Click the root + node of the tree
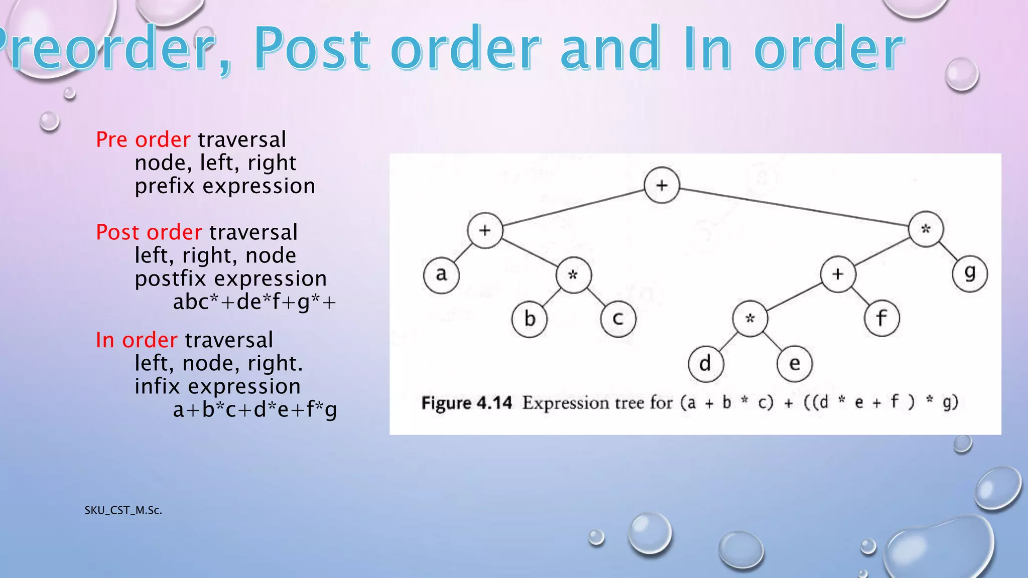662,185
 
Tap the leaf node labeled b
530,319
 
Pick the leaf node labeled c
618,319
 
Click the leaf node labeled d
706,363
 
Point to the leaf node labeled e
794,363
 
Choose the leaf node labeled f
882,319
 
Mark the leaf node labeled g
970,274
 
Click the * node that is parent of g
926,229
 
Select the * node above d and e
750,319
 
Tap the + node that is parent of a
485,230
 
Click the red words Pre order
143,139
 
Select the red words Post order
149,232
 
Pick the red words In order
136,340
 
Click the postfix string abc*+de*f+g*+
254,302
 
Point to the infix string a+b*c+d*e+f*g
254,410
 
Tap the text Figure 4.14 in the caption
466,403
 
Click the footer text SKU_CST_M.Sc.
123,510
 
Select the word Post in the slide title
311,49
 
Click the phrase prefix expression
225,186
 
